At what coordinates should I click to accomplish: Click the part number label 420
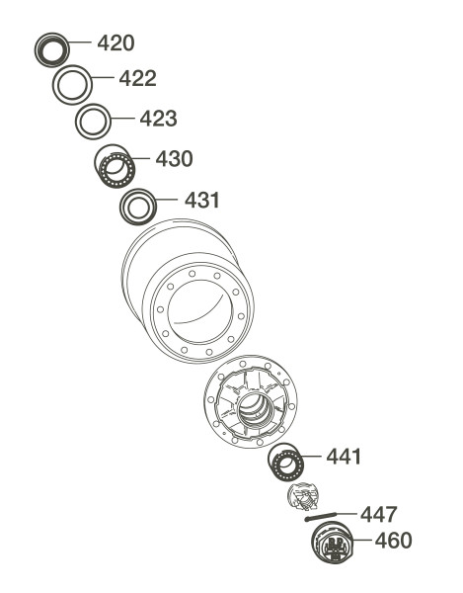coord(116,42)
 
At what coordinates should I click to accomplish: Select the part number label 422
coord(137,78)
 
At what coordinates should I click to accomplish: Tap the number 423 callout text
coord(158,119)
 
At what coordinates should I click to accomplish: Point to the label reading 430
coord(174,159)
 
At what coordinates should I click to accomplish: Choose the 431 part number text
coord(202,200)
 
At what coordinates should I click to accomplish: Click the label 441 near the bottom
coord(344,457)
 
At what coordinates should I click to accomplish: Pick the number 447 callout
coord(378,514)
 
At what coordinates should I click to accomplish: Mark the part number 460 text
coord(393,540)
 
